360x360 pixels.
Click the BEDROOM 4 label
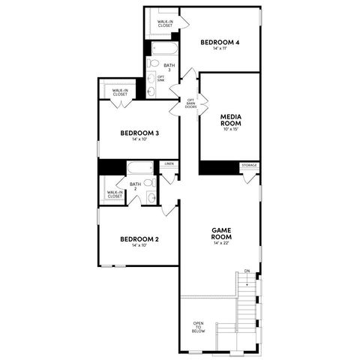pos(220,42)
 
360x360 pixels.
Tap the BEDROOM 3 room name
pos(139,133)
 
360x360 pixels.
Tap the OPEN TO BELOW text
pos(198,328)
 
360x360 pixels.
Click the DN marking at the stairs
pos(247,271)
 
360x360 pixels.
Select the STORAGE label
pos(249,165)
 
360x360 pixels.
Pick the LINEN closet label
pos(169,163)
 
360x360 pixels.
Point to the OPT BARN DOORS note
pos(191,104)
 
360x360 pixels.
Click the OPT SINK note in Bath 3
pos(161,78)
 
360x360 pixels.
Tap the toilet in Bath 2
pos(149,182)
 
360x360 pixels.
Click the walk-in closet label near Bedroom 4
pos(164,24)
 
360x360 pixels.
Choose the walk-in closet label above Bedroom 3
pos(119,92)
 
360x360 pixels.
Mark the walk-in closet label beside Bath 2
pos(115,194)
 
